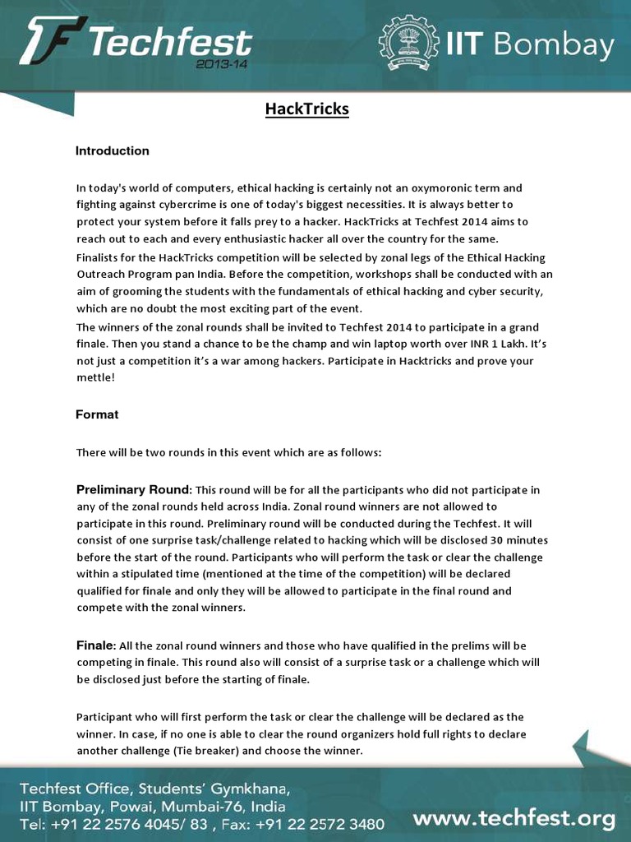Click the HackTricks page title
(x=307, y=109)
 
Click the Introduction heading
(x=113, y=151)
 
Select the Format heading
(x=97, y=415)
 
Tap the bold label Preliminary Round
(x=132, y=490)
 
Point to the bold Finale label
(x=95, y=645)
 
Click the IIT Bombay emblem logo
(x=410, y=45)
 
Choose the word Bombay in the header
(x=565, y=46)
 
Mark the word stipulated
(x=148, y=574)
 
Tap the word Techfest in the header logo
(x=171, y=41)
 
